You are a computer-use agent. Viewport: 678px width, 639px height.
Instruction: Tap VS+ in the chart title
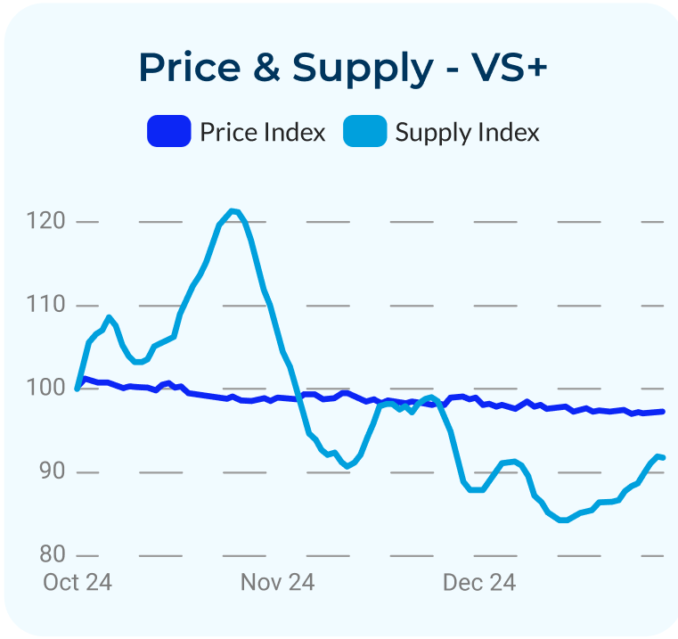[x=506, y=68]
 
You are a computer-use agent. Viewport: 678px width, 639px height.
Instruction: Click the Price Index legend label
[x=262, y=133]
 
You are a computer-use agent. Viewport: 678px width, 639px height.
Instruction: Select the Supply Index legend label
[x=467, y=133]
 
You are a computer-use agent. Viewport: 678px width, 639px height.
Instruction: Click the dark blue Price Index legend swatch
[x=169, y=132]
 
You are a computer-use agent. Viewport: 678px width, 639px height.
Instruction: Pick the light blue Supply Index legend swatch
[x=365, y=132]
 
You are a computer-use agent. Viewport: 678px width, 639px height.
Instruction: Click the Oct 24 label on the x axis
[x=78, y=583]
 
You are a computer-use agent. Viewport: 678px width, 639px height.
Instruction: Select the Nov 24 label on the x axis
[x=277, y=583]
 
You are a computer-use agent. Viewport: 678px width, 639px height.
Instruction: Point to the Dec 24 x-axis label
[x=479, y=583]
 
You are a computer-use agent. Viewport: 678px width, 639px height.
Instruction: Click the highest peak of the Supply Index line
[x=233, y=211]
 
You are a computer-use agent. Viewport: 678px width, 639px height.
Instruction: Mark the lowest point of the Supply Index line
[x=563, y=520]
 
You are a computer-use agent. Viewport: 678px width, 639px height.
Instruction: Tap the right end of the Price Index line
[x=663, y=412]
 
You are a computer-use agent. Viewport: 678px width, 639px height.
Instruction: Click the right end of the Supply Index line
[x=663, y=457]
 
